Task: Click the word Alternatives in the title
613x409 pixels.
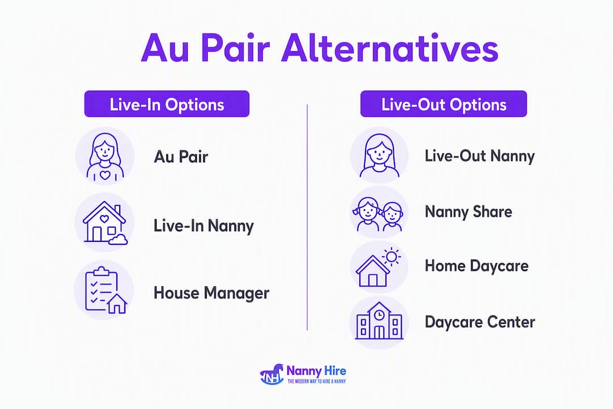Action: pyautogui.click(x=390, y=49)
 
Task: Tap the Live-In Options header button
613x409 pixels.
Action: pyautogui.click(x=167, y=104)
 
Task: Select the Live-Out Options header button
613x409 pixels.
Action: pyautogui.click(x=444, y=104)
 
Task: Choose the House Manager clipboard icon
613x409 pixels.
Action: pyautogui.click(x=105, y=290)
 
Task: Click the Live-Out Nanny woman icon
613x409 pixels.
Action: pyautogui.click(x=379, y=156)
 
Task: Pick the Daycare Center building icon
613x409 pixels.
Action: pyautogui.click(x=379, y=322)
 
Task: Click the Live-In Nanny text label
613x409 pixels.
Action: pyautogui.click(x=203, y=226)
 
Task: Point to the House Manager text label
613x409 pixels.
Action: pyautogui.click(x=212, y=293)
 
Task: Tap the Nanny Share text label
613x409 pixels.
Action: pyautogui.click(x=468, y=212)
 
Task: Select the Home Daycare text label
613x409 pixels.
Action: pyautogui.click(x=477, y=266)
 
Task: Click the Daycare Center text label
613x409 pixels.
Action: pyautogui.click(x=480, y=322)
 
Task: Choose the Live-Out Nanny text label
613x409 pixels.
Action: pyautogui.click(x=480, y=156)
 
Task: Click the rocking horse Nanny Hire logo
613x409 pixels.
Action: pyautogui.click(x=272, y=374)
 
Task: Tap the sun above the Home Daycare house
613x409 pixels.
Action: pyautogui.click(x=391, y=257)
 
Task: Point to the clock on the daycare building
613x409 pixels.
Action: pyautogui.click(x=379, y=314)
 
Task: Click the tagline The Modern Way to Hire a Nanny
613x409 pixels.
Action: pyautogui.click(x=316, y=381)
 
